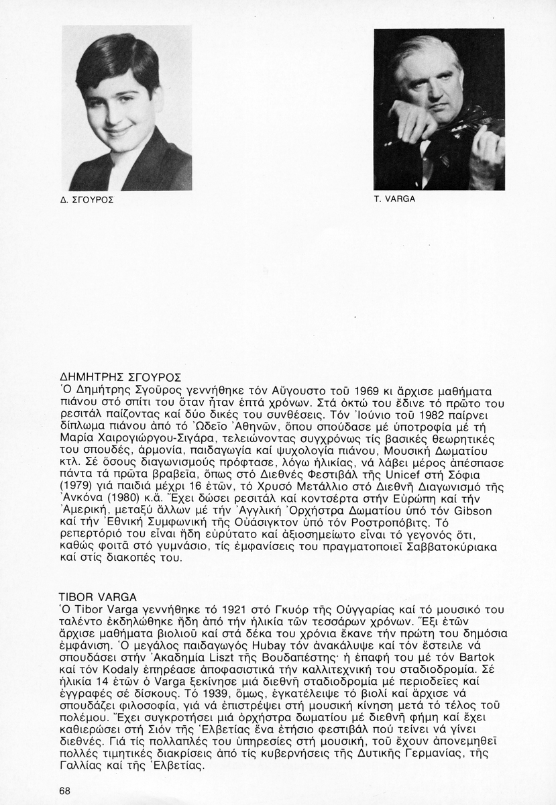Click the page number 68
click(64, 790)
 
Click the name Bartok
click(481, 657)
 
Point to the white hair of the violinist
click(429, 50)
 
